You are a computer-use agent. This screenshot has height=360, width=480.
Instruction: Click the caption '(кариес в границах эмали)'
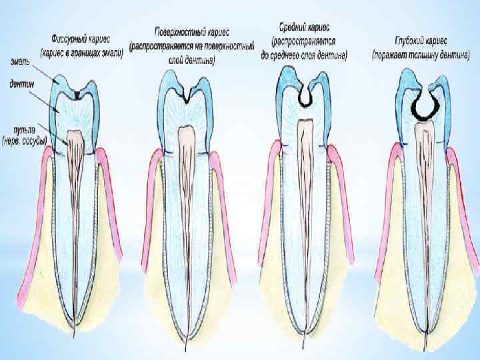82,51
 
